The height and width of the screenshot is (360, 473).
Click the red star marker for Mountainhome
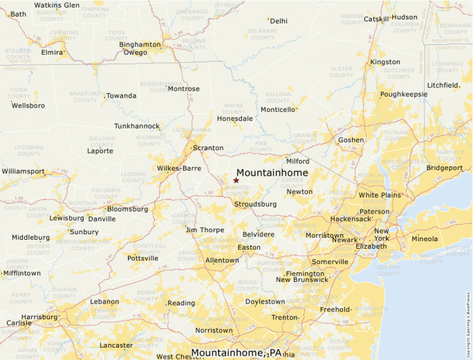click(x=236, y=180)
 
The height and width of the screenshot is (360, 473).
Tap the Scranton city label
click(x=208, y=148)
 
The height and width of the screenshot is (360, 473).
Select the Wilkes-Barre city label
click(x=179, y=168)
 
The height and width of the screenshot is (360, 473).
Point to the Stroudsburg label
click(x=255, y=205)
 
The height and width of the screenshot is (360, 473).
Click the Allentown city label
click(x=222, y=260)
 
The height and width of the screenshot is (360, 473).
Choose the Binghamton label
click(x=140, y=44)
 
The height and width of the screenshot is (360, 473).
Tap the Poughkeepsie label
click(x=404, y=94)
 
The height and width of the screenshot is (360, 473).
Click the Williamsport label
click(x=23, y=171)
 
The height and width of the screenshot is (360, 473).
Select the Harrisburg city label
click(x=39, y=317)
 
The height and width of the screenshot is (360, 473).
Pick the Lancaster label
click(x=116, y=345)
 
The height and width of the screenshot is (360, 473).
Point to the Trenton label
click(x=284, y=317)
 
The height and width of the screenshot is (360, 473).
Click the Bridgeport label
click(x=445, y=168)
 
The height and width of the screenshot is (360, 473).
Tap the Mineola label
click(x=425, y=239)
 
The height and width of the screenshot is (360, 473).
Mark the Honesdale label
click(x=235, y=119)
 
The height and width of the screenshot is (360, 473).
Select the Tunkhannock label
click(x=137, y=126)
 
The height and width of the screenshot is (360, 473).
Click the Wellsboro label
click(x=28, y=106)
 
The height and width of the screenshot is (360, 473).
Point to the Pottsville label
click(x=143, y=258)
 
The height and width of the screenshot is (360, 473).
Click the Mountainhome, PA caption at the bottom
click(x=236, y=353)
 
